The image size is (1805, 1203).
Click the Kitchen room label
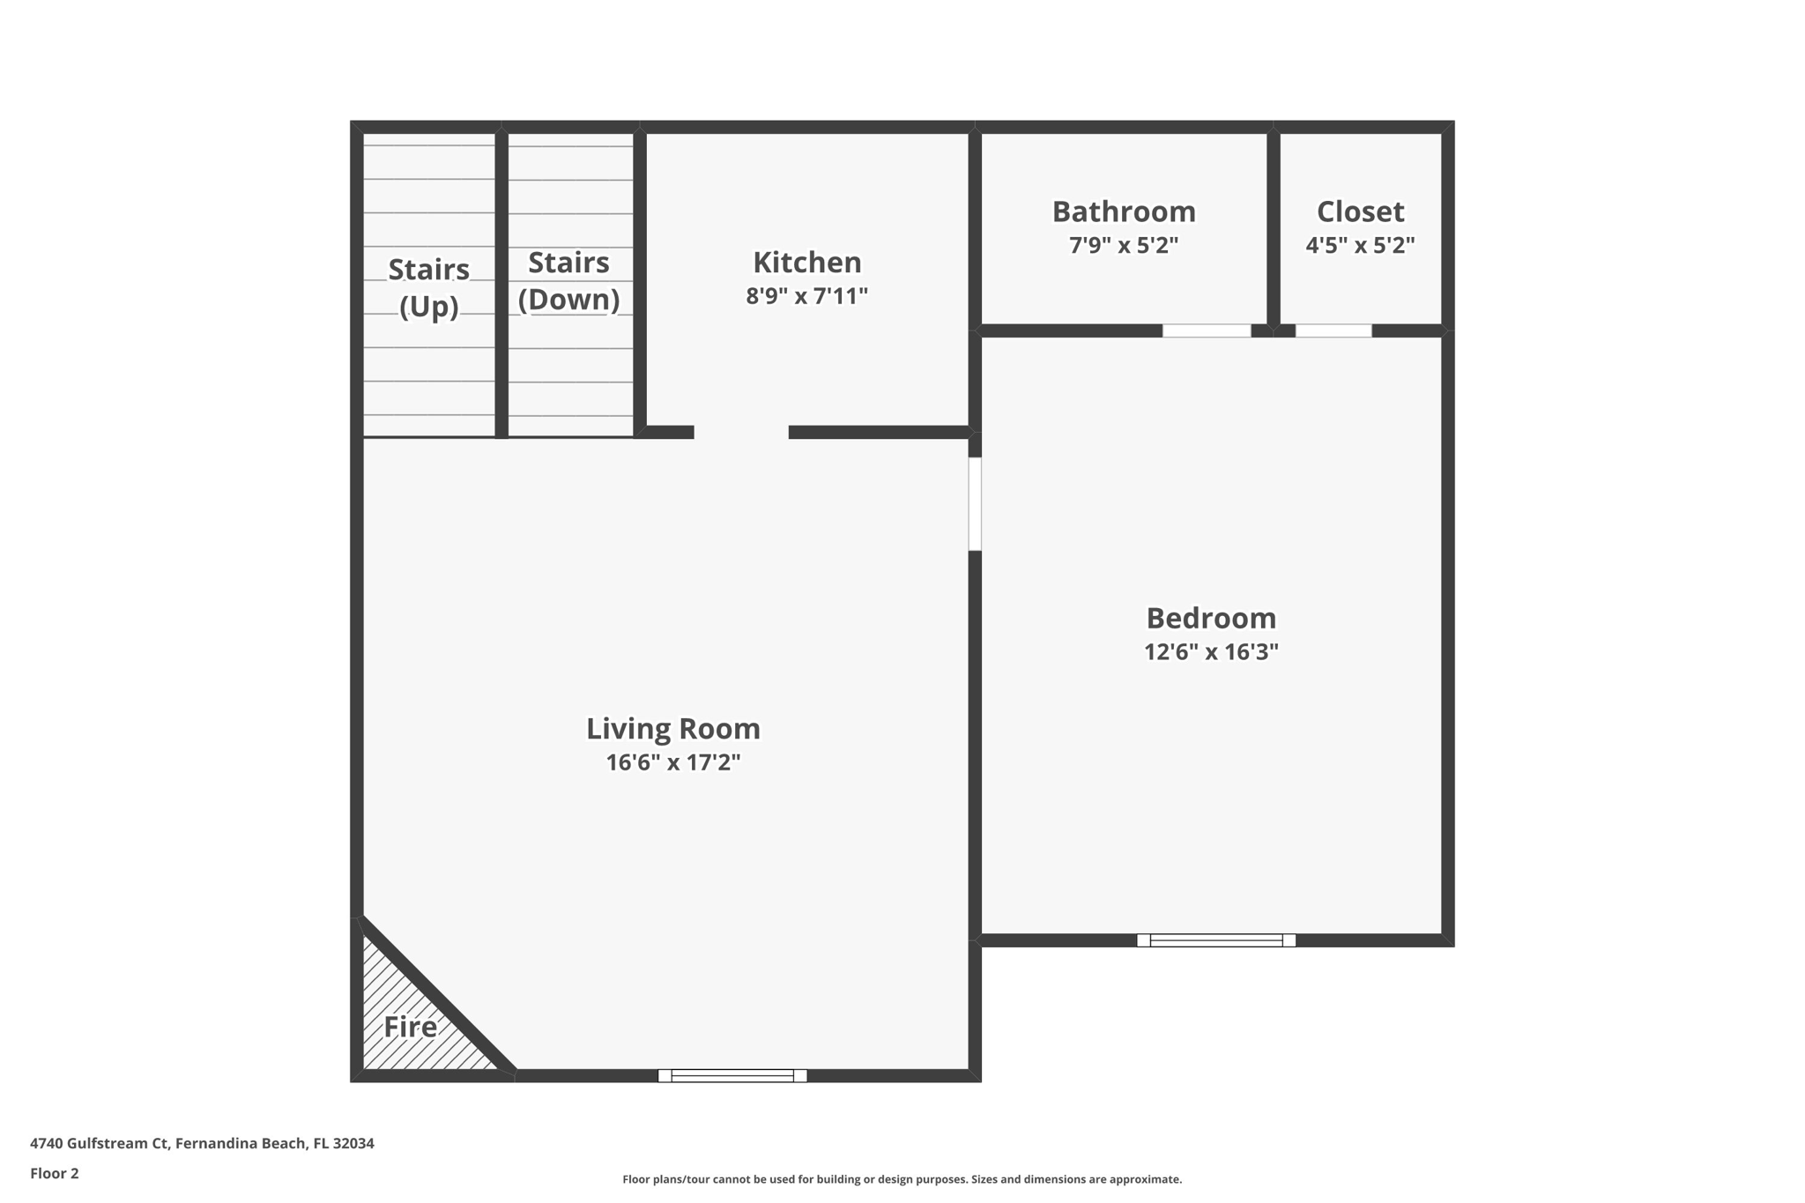[x=806, y=263]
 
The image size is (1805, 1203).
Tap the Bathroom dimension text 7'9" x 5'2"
[x=1123, y=245]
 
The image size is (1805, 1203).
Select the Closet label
[x=1359, y=212]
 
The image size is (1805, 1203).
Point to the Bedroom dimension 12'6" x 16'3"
[x=1210, y=652]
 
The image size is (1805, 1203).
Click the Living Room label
[x=672, y=729]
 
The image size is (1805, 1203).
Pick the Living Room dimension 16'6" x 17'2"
[x=672, y=762]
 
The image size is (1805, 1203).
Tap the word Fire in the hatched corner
[x=410, y=1027]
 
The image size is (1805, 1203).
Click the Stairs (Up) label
[x=428, y=287]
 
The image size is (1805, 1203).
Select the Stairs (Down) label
[x=568, y=281]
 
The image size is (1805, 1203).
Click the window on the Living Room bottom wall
[x=732, y=1075]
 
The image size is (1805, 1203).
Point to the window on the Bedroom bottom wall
[x=1215, y=940]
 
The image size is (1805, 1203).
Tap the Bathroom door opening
[x=1206, y=330]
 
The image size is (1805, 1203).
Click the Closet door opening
[x=1333, y=330]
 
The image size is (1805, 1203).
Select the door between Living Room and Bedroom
[x=975, y=503]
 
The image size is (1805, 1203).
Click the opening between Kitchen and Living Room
[x=740, y=432]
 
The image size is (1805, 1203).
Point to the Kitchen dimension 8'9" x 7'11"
[x=806, y=296]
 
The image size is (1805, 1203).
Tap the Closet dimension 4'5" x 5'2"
[x=1359, y=245]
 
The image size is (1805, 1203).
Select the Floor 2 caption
[x=55, y=1173]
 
